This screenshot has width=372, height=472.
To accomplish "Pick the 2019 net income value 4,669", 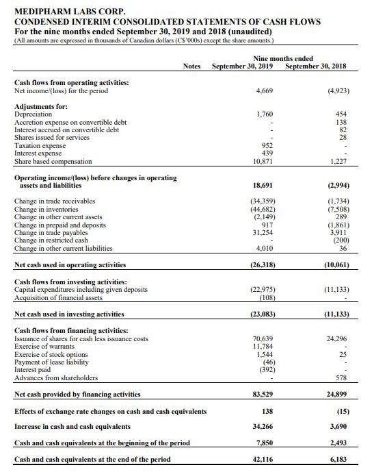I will coord(264,90).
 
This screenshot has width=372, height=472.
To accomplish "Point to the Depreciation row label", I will coord(34,114).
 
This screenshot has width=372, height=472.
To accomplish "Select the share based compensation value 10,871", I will coord(263,161).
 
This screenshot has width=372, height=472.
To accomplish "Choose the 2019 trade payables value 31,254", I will coord(263,232).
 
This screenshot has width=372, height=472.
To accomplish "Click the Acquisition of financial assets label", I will coord(58,297).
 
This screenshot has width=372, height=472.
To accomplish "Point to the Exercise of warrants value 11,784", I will coord(263,346).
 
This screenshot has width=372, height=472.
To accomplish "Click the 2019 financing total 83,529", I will coord(263,394).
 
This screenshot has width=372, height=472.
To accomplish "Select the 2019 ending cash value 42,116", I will coord(263,459).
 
